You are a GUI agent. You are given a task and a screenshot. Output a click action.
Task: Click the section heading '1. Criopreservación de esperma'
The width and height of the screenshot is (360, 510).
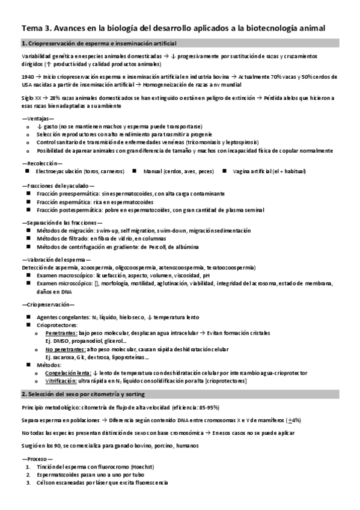coord(99,43)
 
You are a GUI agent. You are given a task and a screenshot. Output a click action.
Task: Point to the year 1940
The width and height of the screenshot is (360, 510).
coord(27,77)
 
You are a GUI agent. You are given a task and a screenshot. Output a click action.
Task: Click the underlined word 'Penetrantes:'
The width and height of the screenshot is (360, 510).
coord(61,333)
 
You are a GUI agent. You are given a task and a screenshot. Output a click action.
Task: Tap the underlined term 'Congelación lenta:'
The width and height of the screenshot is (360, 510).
coord(67,372)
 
